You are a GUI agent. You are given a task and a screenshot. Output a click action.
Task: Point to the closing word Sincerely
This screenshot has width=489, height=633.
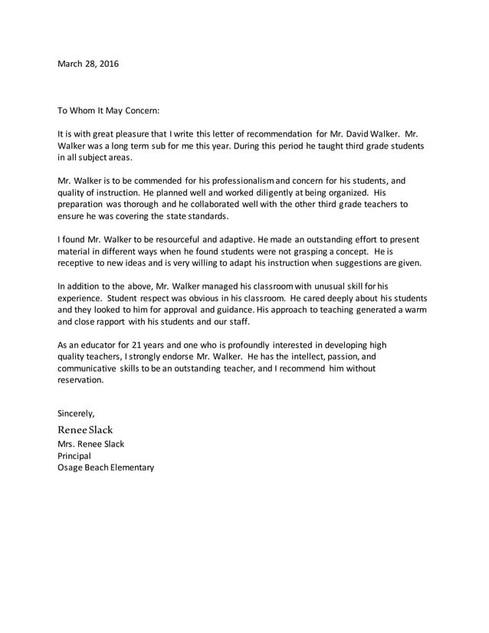tap(77, 414)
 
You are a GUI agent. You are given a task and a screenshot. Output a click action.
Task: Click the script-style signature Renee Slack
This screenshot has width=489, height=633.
tap(90, 429)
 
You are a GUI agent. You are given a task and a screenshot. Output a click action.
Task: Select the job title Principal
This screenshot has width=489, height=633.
tap(74, 455)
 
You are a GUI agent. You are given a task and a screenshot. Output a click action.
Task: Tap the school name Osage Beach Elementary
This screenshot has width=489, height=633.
tap(106, 467)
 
